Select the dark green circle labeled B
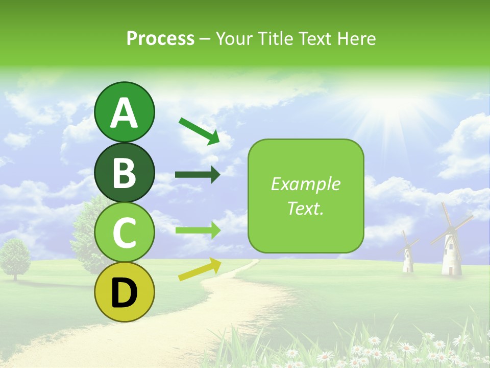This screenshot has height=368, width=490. (125, 173)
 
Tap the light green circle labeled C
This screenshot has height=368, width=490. (125, 233)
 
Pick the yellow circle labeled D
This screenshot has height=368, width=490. (125, 292)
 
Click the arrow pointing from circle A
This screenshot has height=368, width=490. (199, 130)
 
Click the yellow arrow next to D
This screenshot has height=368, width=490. (200, 269)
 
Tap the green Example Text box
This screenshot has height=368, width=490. (306, 196)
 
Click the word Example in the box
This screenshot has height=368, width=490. (306, 184)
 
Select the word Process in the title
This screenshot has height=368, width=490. (160, 38)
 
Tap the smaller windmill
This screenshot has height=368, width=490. (408, 256)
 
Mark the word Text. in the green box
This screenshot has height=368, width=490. (306, 208)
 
